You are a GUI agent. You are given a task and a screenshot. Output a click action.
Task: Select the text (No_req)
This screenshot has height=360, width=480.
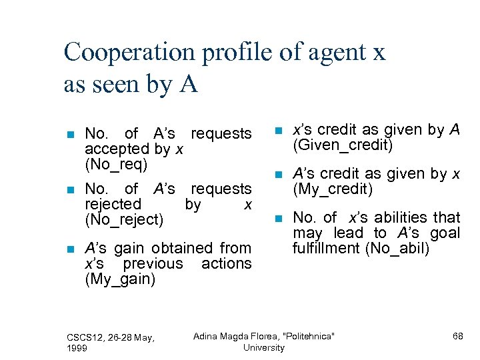(117, 164)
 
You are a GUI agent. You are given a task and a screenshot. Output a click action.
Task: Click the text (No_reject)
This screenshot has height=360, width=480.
(124, 219)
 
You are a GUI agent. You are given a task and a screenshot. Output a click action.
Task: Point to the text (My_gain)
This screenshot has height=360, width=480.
(120, 279)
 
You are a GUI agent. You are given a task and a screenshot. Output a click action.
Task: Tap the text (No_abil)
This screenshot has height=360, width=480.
(361, 249)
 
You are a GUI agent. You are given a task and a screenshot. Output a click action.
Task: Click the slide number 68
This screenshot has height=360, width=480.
(457, 336)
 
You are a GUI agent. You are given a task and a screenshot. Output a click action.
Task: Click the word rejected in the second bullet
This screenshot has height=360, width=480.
(113, 204)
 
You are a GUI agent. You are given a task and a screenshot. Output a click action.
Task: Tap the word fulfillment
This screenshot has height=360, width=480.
(326, 249)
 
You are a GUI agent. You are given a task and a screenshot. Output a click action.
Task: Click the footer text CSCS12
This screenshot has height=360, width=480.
(85, 338)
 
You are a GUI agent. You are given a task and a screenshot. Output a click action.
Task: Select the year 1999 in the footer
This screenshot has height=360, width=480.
(77, 348)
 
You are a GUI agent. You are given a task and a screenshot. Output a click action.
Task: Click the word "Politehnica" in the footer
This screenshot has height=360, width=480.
(308, 336)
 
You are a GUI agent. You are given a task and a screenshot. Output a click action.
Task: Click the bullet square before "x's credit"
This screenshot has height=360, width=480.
(279, 131)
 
